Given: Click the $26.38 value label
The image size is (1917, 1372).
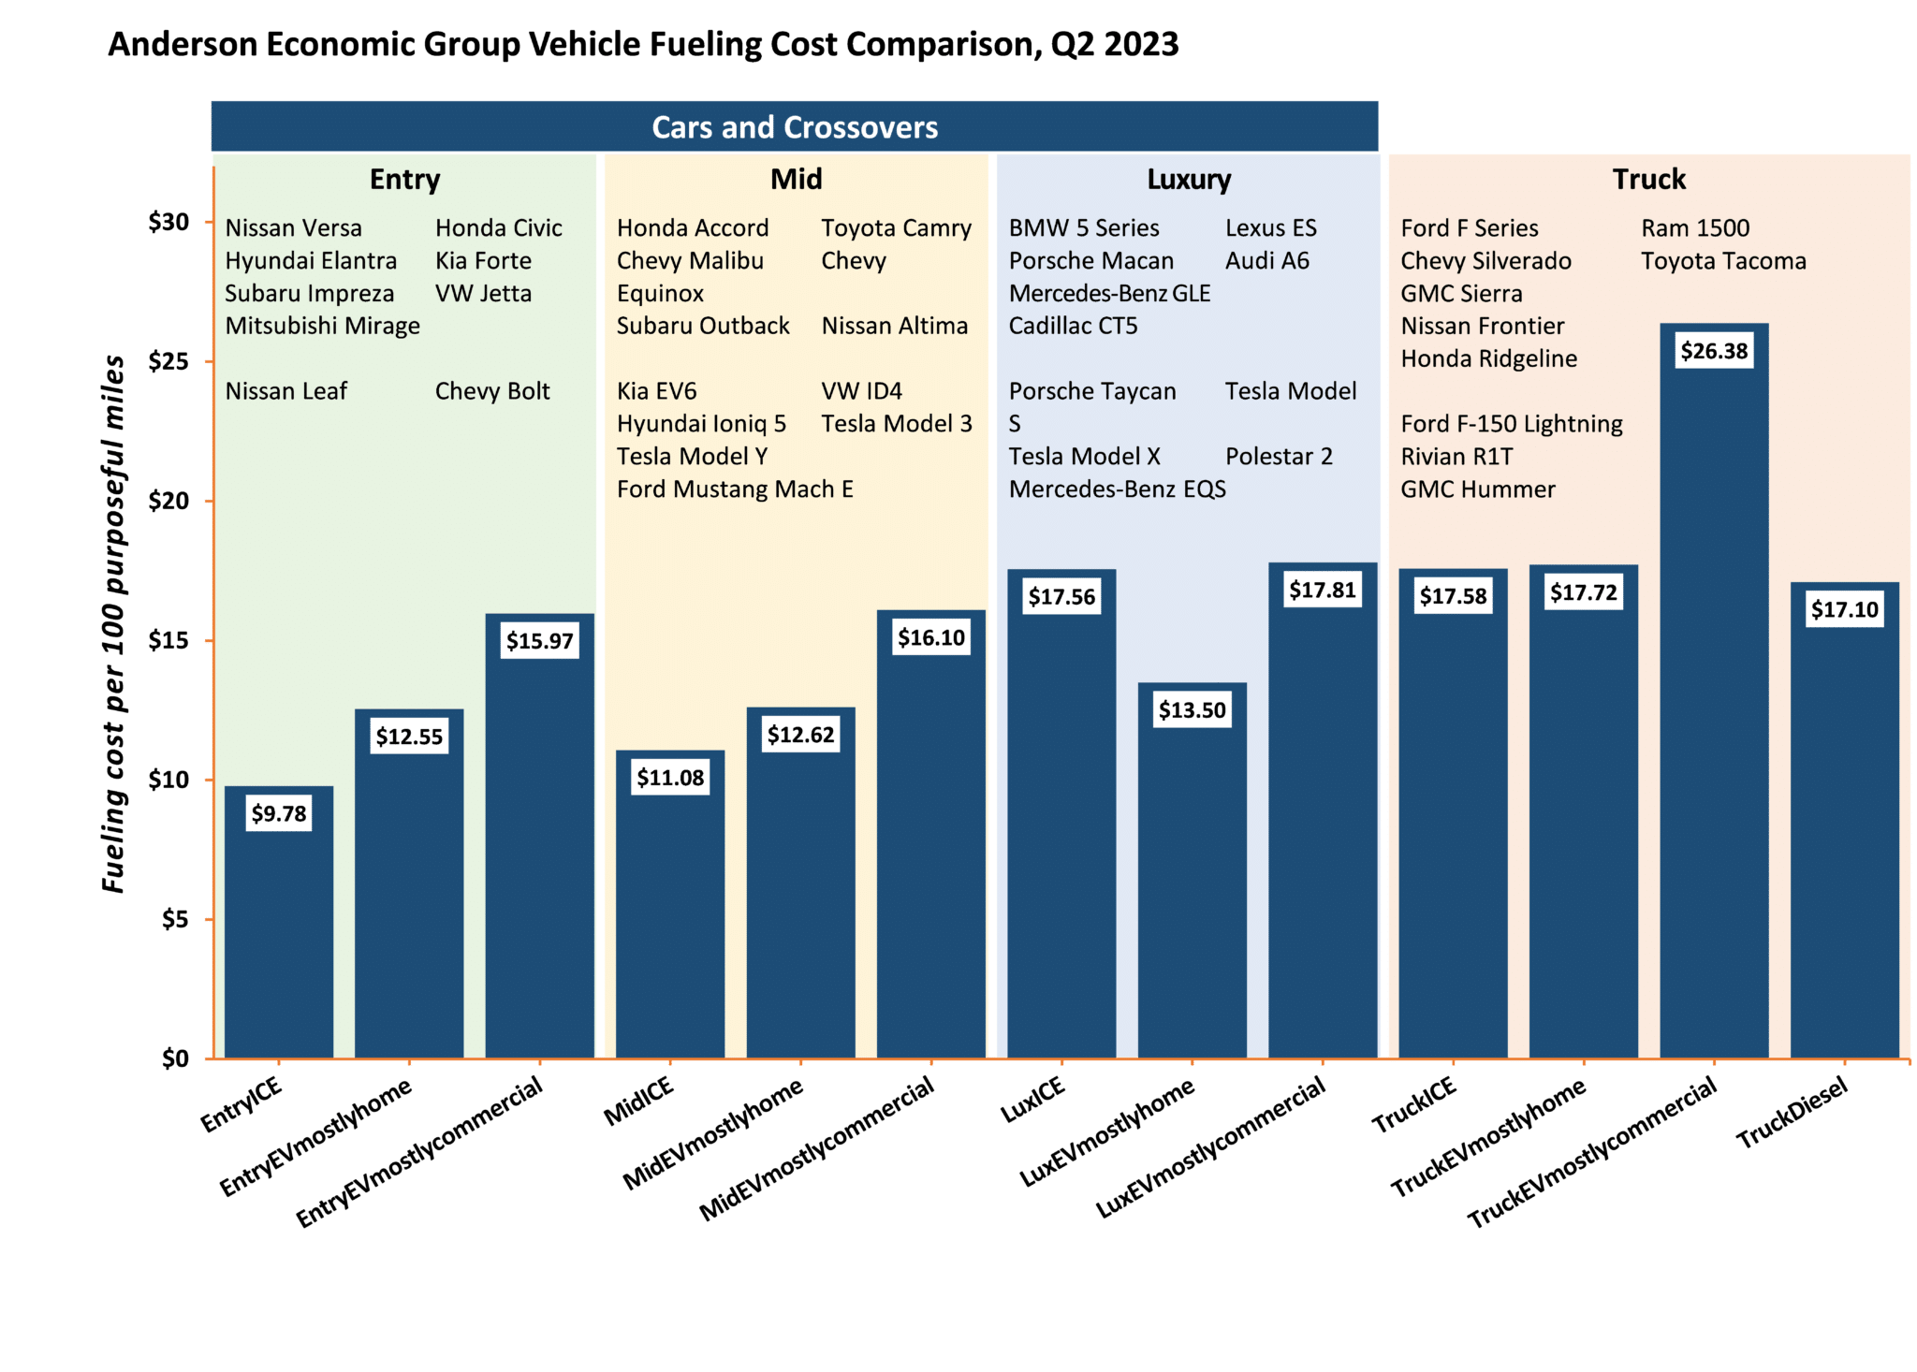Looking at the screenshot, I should click(1714, 351).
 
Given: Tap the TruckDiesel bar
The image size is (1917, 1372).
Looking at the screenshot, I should click(1844, 842).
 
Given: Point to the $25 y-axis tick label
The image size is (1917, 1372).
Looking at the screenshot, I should click(168, 362).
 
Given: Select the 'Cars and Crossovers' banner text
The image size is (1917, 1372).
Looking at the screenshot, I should click(795, 127).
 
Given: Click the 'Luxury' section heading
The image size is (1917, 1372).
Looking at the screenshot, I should click(1189, 179).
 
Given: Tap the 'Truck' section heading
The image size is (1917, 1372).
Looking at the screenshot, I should click(1648, 179).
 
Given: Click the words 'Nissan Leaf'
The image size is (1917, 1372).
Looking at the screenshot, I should click(285, 391).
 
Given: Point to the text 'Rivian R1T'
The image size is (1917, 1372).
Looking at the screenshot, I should click(1456, 457).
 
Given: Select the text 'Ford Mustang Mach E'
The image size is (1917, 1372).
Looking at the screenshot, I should click(735, 489).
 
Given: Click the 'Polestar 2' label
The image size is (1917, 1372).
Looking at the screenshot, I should click(1279, 457).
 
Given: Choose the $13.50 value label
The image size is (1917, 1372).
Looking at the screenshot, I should click(1192, 710).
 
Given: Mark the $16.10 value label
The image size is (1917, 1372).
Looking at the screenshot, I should click(930, 638).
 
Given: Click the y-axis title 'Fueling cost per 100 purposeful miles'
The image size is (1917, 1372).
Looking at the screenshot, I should click(113, 624).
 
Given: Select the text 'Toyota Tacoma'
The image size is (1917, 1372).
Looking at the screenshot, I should click(1723, 261).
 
